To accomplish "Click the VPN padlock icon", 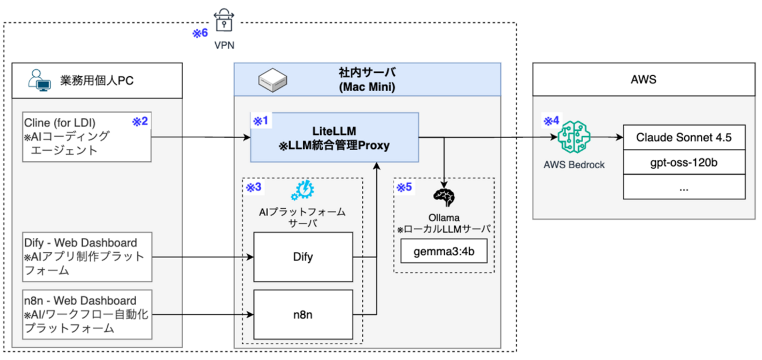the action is (224, 21).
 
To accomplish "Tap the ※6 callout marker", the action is (200, 33).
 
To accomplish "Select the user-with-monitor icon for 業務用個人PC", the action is (39, 80).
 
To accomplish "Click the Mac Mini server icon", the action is (273, 80).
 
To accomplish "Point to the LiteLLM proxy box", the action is (334, 137).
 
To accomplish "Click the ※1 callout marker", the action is (260, 121).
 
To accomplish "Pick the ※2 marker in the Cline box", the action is (140, 121).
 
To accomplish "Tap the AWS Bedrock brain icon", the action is (574, 137).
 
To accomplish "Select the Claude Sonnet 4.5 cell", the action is (684, 137).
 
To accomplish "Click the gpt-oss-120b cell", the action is (684, 162).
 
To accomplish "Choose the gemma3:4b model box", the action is (444, 251).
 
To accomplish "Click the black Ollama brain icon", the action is (444, 198).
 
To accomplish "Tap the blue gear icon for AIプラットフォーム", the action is (303, 190).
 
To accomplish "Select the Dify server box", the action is (303, 257).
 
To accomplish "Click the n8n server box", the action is (303, 315).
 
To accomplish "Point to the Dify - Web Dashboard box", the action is (87, 257).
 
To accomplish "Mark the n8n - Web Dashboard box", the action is (87, 315).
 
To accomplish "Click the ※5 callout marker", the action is (404, 187).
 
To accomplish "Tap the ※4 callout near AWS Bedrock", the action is (551, 121).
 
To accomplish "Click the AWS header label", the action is (644, 80).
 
